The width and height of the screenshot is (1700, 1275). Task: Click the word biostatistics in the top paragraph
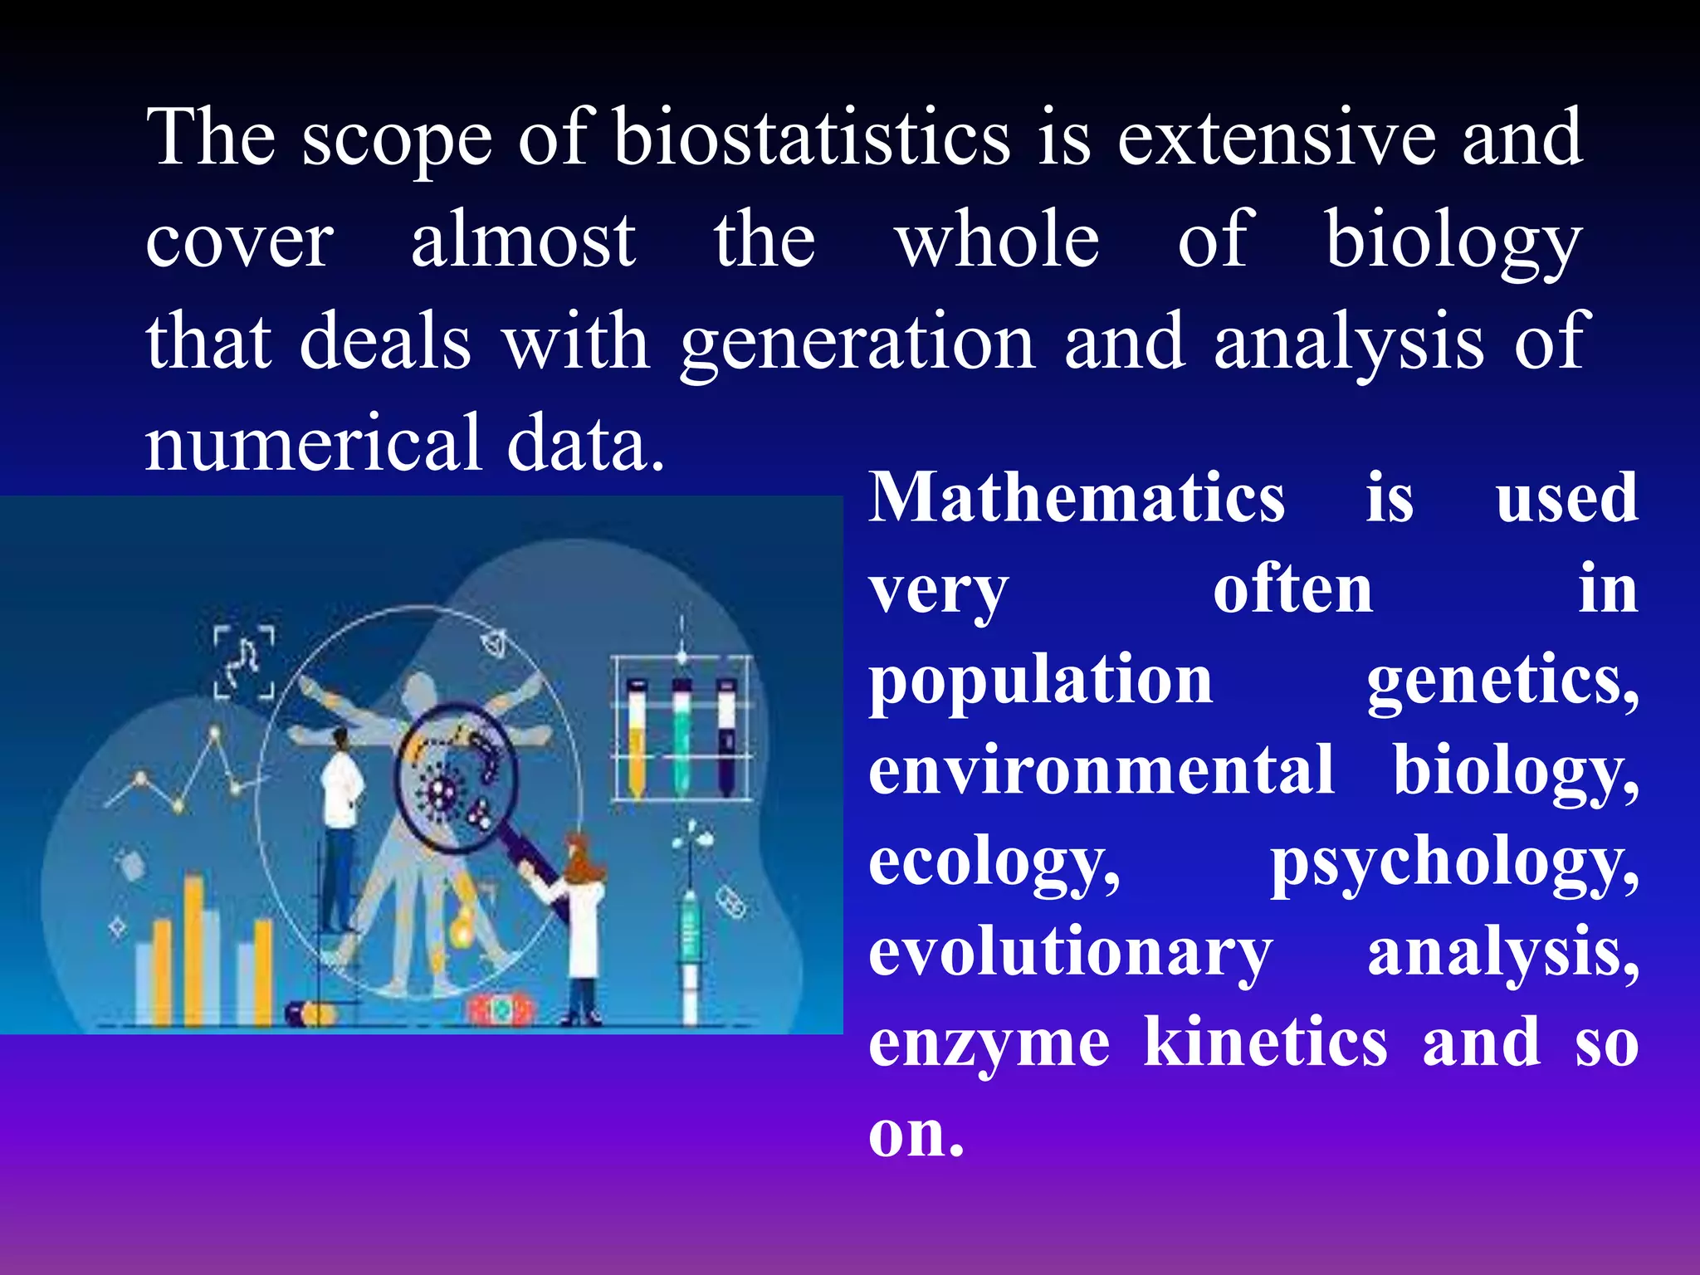[x=811, y=137]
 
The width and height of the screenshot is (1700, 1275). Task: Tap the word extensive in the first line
[x=1276, y=137]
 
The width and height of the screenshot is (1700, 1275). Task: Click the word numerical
[x=313, y=442]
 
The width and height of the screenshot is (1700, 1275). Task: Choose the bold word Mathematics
[x=1077, y=497]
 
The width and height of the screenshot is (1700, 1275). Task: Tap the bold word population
[x=1040, y=680]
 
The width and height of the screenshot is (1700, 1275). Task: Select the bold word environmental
[x=1102, y=770]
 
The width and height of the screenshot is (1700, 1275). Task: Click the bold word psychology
[x=1454, y=863]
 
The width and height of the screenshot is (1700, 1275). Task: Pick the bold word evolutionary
[x=1070, y=953]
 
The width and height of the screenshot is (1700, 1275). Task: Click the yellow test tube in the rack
[x=637, y=739]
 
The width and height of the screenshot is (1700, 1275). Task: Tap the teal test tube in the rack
[x=681, y=739]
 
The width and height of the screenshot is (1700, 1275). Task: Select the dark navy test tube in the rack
[x=726, y=739]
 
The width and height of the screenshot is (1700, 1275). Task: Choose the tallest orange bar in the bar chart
[x=193, y=946]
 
